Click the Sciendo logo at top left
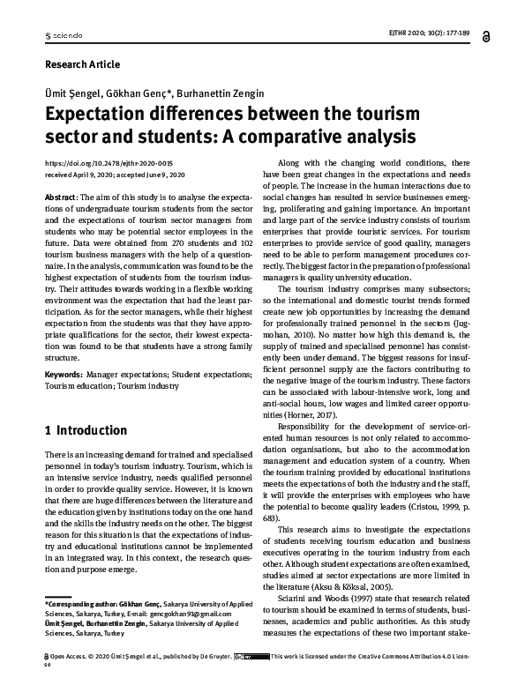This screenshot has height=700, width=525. (63, 36)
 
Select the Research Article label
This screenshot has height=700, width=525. (81, 64)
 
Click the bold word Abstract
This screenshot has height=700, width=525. (59, 197)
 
